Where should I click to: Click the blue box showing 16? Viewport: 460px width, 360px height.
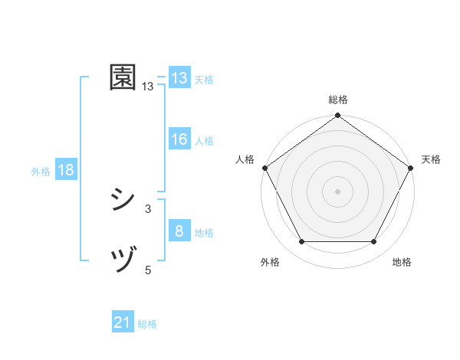coord(179,139)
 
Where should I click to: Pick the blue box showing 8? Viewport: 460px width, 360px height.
coord(179,231)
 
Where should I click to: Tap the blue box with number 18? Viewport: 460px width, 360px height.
coord(66,171)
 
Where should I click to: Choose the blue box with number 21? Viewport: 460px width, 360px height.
coord(122,323)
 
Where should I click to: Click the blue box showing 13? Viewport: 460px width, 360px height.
coord(179,78)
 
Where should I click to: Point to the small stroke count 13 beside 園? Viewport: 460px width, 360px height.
coord(148,87)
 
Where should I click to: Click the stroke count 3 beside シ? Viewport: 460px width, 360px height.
coord(148,208)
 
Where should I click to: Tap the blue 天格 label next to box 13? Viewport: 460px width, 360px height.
coord(204,80)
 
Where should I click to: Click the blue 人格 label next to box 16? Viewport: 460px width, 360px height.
coord(204,141)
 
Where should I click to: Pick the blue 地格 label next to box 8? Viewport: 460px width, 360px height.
coord(204,233)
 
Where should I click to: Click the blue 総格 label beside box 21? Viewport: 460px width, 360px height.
coord(147,325)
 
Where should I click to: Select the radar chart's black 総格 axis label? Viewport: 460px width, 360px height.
coord(337,100)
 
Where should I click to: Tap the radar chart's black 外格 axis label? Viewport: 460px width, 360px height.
coord(270,263)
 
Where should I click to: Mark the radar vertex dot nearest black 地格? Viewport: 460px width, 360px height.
coord(374,242)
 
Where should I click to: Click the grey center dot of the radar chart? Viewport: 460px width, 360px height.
coord(337,191)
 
